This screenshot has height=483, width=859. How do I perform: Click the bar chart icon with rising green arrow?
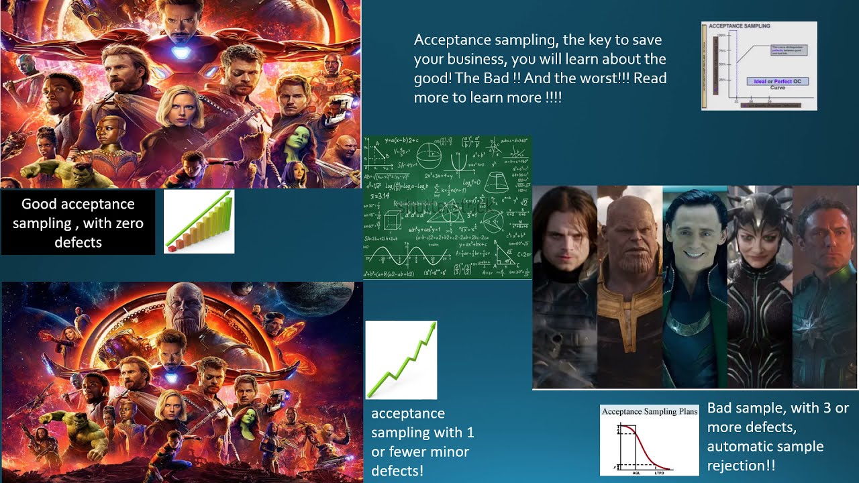pos(199,221)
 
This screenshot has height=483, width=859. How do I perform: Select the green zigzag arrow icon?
pos(401,360)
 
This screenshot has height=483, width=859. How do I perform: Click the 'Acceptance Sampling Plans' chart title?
pos(649,411)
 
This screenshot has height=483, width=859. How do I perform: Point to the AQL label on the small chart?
pos(636,472)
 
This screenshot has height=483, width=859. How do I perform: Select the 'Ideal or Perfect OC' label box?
pos(778,81)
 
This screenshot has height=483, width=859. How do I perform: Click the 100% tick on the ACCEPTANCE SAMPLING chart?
pos(722,35)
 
